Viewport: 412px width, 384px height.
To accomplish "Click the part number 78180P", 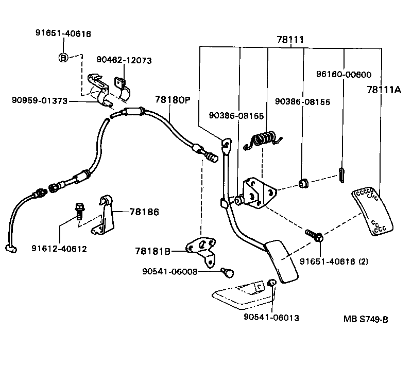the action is pos(173,100).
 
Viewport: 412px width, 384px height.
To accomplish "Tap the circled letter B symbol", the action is pos(63,57).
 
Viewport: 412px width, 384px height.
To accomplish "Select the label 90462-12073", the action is pos(124,60).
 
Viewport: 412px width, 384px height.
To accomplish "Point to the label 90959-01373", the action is pos(40,100).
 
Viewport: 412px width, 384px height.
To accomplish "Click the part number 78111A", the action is pos(384,90).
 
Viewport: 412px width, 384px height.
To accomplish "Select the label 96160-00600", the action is pos(344,74).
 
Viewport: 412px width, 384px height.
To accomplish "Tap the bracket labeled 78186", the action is pos(102,215).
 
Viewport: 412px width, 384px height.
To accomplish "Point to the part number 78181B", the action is pos(152,251).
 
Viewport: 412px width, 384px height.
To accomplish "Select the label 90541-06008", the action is pos(170,271).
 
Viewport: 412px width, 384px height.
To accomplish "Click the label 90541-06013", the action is pos(271,317).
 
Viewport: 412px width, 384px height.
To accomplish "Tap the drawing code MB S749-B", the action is pos(366,319).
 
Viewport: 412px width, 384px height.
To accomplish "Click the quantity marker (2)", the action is pos(364,261).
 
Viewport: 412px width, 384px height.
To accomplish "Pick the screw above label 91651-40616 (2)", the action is pos(315,235).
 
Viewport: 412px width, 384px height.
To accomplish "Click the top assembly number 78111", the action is pos(290,40).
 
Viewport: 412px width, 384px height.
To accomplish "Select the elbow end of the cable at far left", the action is pos(11,249).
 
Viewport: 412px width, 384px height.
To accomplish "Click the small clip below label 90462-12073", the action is pos(122,89).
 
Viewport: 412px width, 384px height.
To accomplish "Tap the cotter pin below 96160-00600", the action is pos(341,175).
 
